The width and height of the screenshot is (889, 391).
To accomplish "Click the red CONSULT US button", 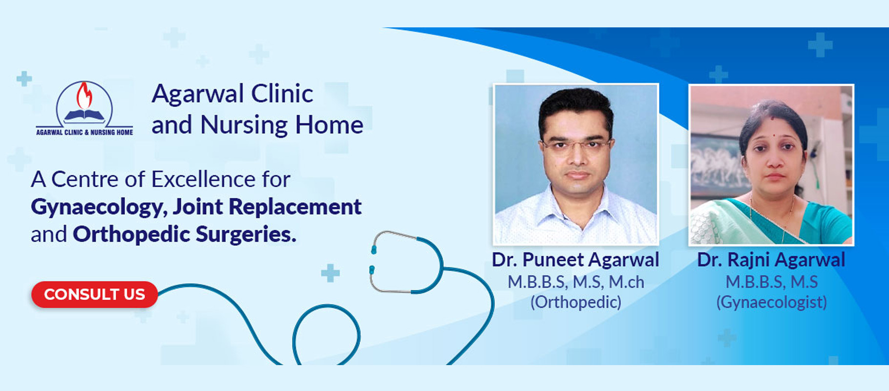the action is click(x=94, y=294).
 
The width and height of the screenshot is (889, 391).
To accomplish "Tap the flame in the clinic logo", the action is click(x=85, y=95).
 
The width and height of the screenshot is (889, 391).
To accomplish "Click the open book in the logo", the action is click(x=85, y=116).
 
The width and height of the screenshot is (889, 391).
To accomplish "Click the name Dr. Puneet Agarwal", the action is click(x=575, y=260).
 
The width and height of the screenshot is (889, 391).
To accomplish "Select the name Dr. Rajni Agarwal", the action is click(x=771, y=260).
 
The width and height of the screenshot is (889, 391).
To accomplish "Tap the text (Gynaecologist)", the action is click(x=771, y=303).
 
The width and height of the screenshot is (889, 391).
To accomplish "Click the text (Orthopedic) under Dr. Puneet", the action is click(x=576, y=303).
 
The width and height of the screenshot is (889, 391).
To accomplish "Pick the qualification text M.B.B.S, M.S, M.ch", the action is click(x=576, y=282).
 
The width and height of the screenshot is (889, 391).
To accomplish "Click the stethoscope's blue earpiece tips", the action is click(x=372, y=259).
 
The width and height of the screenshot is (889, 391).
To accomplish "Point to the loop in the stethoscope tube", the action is click(x=326, y=335).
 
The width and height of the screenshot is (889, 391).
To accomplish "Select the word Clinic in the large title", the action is click(x=282, y=93).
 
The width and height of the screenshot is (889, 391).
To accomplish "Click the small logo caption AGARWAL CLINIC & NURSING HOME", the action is click(x=85, y=132).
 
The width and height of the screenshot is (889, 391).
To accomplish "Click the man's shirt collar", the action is click(x=576, y=205).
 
